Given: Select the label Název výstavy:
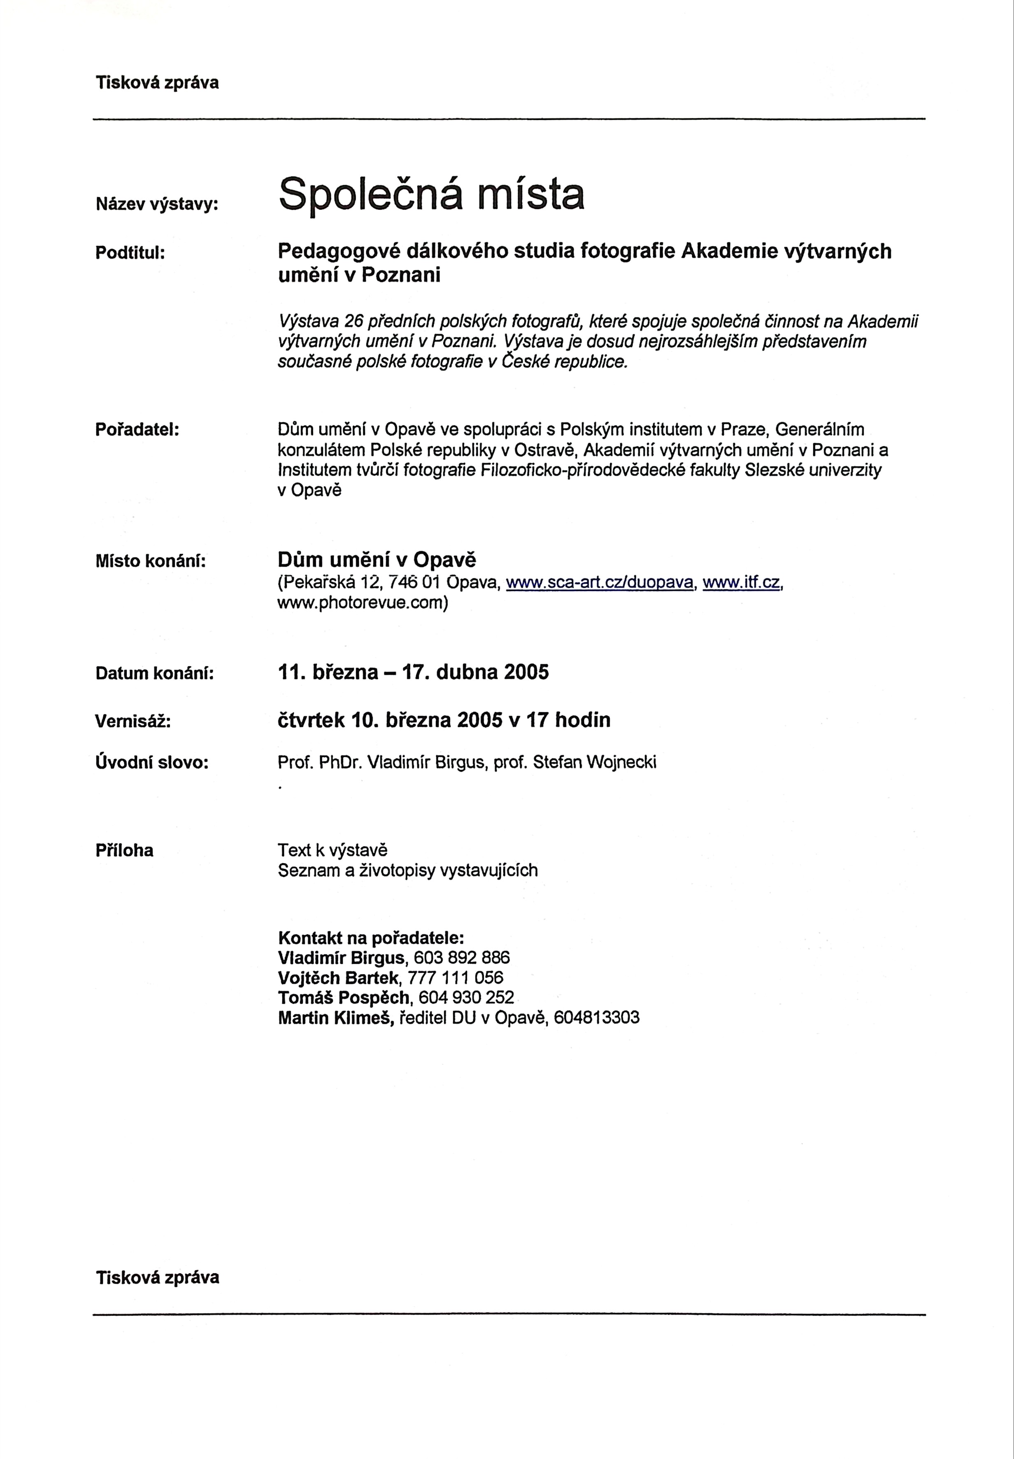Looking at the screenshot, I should [157, 204].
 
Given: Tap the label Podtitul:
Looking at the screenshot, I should [130, 252].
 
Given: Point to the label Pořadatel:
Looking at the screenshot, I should [137, 430].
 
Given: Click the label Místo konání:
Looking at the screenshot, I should [151, 561].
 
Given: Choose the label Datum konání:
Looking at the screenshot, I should [154, 673].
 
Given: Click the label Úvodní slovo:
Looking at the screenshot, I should [152, 762].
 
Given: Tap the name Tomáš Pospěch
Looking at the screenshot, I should [344, 998].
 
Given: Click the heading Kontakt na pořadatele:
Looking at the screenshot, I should [371, 938].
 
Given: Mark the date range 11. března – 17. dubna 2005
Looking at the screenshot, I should [413, 672].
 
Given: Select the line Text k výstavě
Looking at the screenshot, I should [332, 850].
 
